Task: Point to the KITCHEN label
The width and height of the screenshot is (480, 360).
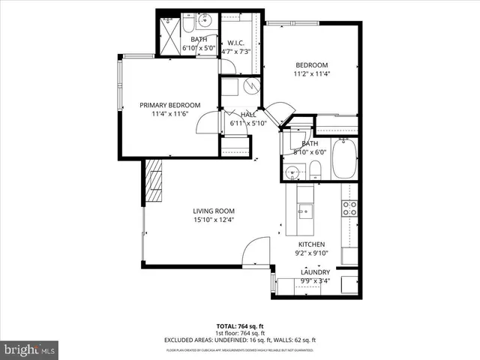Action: point(312,244)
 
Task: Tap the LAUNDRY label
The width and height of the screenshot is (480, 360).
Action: point(315,272)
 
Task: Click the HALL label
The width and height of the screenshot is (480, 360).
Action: point(248,115)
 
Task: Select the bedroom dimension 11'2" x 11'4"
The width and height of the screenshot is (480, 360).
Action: point(310,74)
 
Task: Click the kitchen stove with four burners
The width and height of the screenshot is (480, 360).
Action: point(349,208)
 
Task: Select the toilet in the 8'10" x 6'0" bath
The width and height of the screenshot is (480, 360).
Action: point(316,169)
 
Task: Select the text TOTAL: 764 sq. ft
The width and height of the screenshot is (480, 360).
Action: point(240,326)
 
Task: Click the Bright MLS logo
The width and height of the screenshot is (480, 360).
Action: point(30,349)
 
